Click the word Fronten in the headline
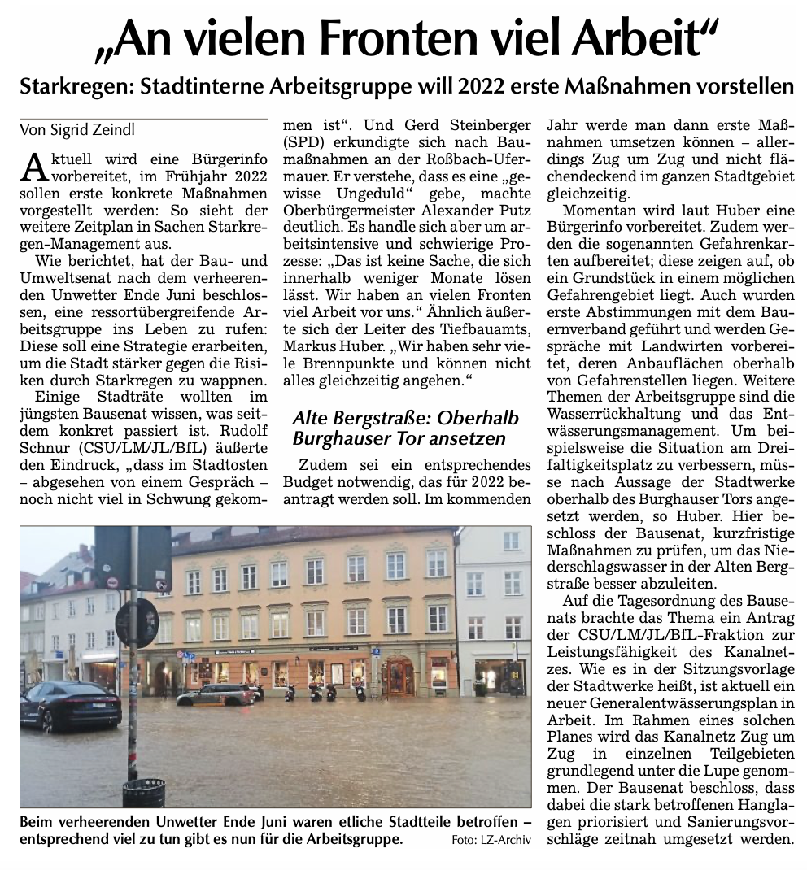(x=407, y=39)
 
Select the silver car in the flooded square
(x=216, y=694)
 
